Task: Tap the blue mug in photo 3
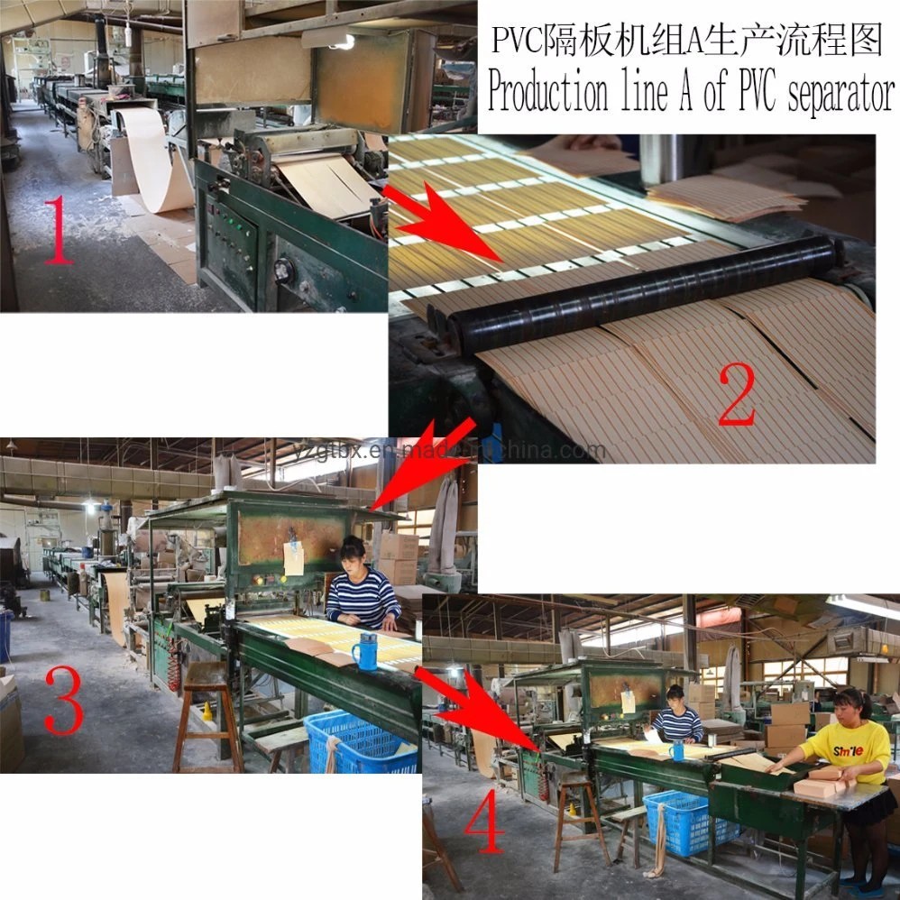365,651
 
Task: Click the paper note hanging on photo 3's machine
294,559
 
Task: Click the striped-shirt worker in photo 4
676,717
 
